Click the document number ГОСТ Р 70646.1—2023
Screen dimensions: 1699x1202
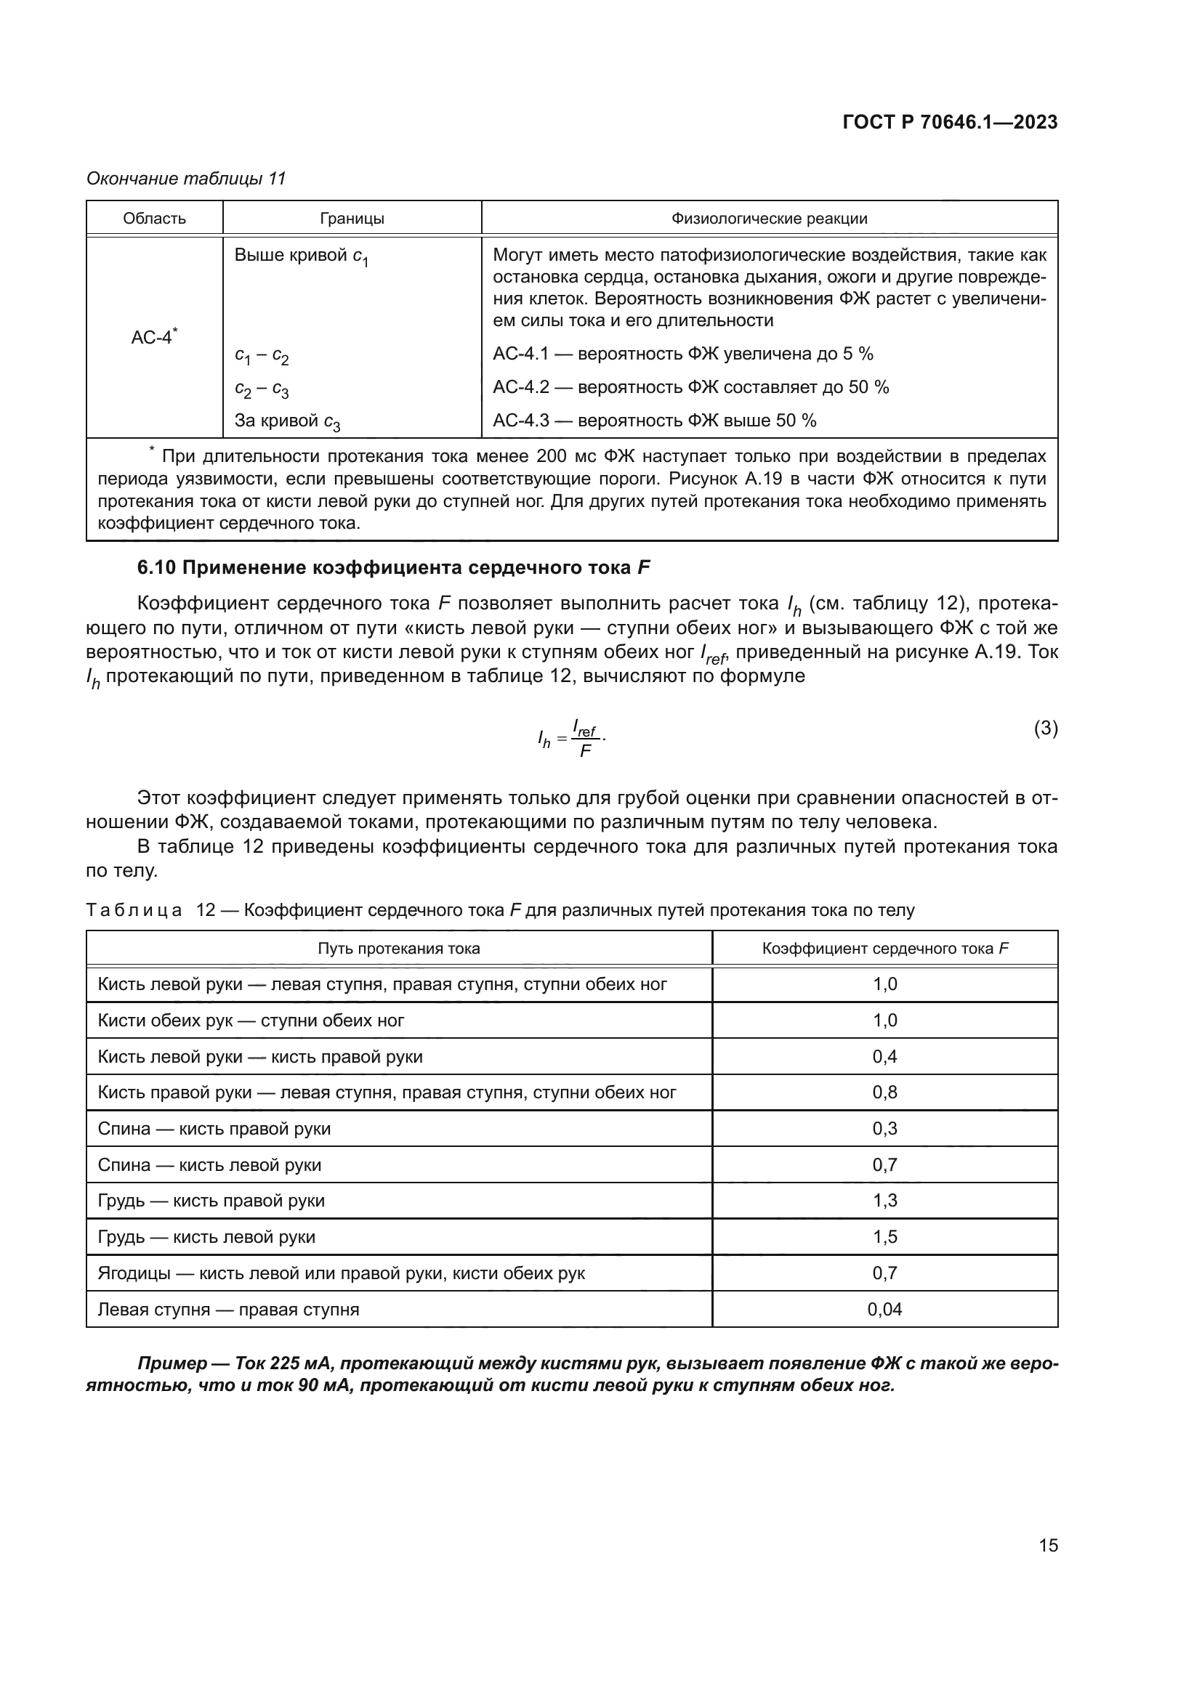coord(950,123)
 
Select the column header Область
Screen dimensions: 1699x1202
coord(154,219)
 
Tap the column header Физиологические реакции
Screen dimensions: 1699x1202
coord(769,219)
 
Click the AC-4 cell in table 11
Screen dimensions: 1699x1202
coord(153,338)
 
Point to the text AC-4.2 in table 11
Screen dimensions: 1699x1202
coord(521,388)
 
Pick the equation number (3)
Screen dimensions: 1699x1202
coord(1045,728)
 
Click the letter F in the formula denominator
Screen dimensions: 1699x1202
coord(585,752)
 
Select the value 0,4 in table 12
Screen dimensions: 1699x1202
coord(884,1057)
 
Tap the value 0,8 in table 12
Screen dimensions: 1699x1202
coord(884,1093)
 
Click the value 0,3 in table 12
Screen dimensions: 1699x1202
coord(884,1130)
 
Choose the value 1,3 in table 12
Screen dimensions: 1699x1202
coord(884,1201)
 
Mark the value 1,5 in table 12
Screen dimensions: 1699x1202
coord(884,1237)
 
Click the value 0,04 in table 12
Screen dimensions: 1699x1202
coord(884,1310)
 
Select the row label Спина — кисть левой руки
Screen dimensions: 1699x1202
coord(209,1165)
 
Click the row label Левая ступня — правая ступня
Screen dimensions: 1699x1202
coord(228,1310)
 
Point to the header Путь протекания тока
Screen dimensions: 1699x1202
coord(398,949)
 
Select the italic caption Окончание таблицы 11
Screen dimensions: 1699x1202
coord(186,179)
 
